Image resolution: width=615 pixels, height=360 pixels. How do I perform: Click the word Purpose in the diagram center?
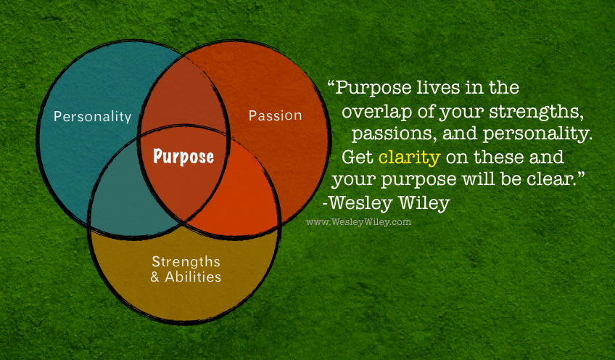[x=183, y=157]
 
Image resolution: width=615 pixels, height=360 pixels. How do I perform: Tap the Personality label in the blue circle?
[x=93, y=117]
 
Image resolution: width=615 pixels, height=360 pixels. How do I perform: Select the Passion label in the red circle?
[x=276, y=115]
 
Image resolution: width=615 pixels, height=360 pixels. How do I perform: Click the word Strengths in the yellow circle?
[x=186, y=262]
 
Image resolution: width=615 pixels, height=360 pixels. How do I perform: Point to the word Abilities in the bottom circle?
[x=193, y=277]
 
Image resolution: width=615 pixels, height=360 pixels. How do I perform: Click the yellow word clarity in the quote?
[x=410, y=157]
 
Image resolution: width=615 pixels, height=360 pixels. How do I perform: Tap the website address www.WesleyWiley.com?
[x=358, y=222]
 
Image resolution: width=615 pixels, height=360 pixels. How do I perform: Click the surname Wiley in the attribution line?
[x=424, y=203]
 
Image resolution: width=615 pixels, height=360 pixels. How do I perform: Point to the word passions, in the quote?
[x=395, y=134]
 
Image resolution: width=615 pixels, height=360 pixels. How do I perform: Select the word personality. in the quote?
[x=537, y=134]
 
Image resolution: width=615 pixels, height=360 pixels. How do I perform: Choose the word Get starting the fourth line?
[x=358, y=157]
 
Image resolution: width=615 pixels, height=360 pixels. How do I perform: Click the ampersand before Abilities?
[x=155, y=277]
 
